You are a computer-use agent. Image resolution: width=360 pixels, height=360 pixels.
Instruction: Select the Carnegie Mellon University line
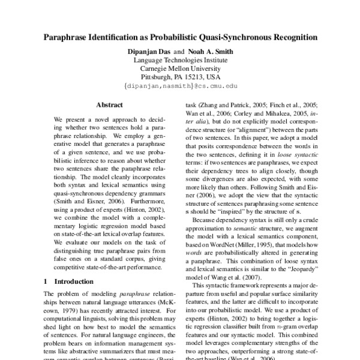point(179,69)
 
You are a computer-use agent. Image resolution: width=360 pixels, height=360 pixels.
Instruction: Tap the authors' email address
point(179,86)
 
